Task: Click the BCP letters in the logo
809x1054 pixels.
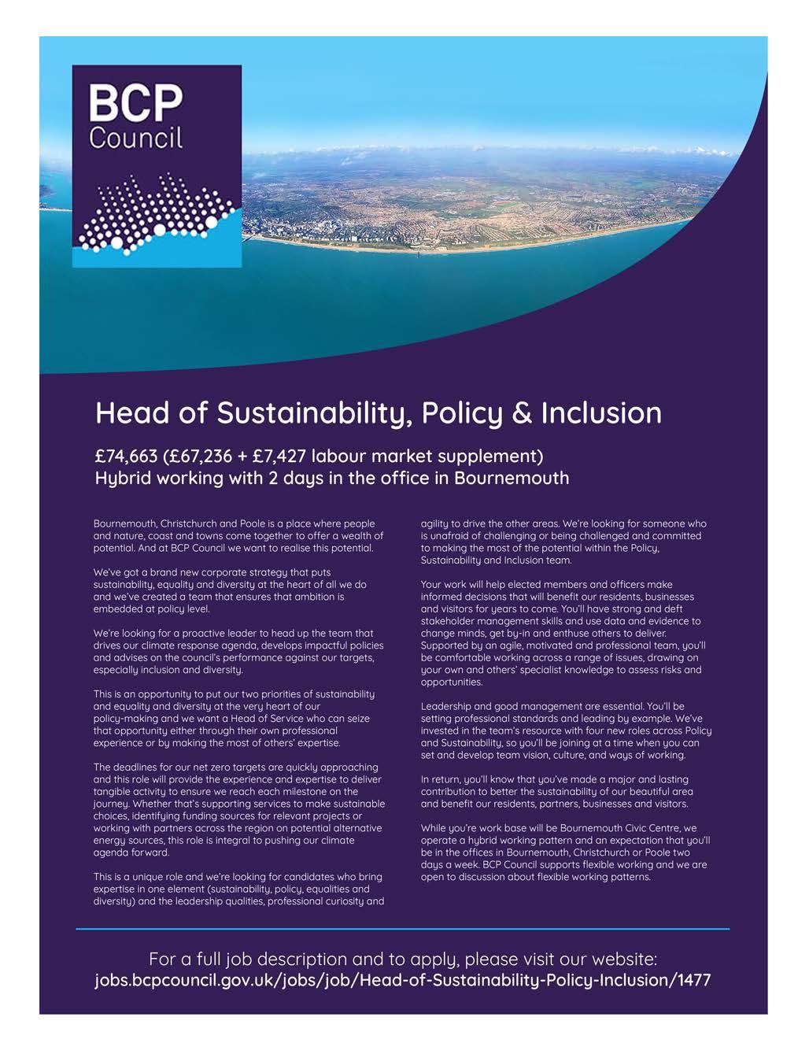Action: pyautogui.click(x=135, y=103)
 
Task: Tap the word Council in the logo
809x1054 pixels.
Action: pyautogui.click(x=135, y=137)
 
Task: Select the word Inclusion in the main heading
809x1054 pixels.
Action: pyautogui.click(x=601, y=412)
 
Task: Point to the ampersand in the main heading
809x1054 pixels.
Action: pyautogui.click(x=522, y=413)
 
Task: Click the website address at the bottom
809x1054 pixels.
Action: pyautogui.click(x=403, y=981)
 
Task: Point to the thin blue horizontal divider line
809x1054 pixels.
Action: pyautogui.click(x=403, y=929)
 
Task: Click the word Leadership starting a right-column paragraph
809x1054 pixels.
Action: pyautogui.click(x=445, y=707)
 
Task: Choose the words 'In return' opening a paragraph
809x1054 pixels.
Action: pyautogui.click(x=440, y=780)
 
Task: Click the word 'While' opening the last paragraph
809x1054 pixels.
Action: pyautogui.click(x=434, y=829)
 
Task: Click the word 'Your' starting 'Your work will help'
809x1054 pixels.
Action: pyautogui.click(x=432, y=585)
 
